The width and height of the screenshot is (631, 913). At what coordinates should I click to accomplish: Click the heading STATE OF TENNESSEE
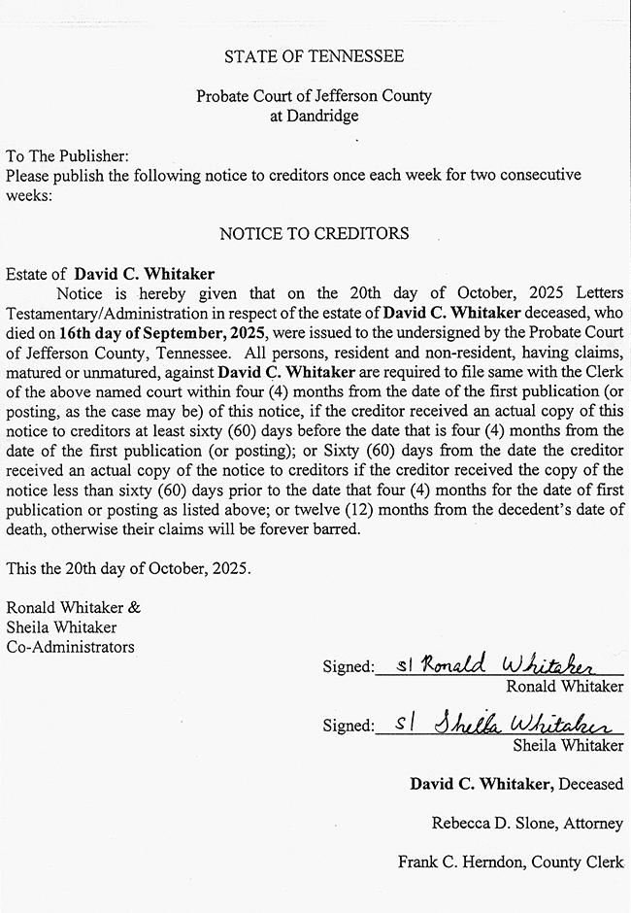pyautogui.click(x=314, y=57)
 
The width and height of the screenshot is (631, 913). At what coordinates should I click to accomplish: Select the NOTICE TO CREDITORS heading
pyautogui.click(x=314, y=234)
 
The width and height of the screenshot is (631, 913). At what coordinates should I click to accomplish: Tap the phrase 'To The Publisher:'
pyautogui.click(x=67, y=156)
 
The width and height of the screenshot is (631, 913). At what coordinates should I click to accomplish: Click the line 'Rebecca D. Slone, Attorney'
pyautogui.click(x=527, y=823)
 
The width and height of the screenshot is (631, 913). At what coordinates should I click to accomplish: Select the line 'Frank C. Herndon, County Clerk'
pyautogui.click(x=511, y=862)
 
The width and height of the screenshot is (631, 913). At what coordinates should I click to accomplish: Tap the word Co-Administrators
pyautogui.click(x=70, y=647)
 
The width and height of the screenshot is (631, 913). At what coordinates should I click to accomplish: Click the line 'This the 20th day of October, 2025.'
pyautogui.click(x=128, y=569)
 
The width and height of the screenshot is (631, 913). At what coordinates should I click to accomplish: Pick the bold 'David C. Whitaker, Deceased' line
pyautogui.click(x=515, y=784)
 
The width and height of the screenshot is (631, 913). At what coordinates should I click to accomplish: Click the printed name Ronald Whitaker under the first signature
pyautogui.click(x=564, y=687)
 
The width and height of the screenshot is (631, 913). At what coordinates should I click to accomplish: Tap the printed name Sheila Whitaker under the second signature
pyautogui.click(x=568, y=746)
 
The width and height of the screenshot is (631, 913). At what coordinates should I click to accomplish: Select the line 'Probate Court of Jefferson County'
pyautogui.click(x=314, y=96)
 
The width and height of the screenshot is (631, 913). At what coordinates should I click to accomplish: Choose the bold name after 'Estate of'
pyautogui.click(x=145, y=274)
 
